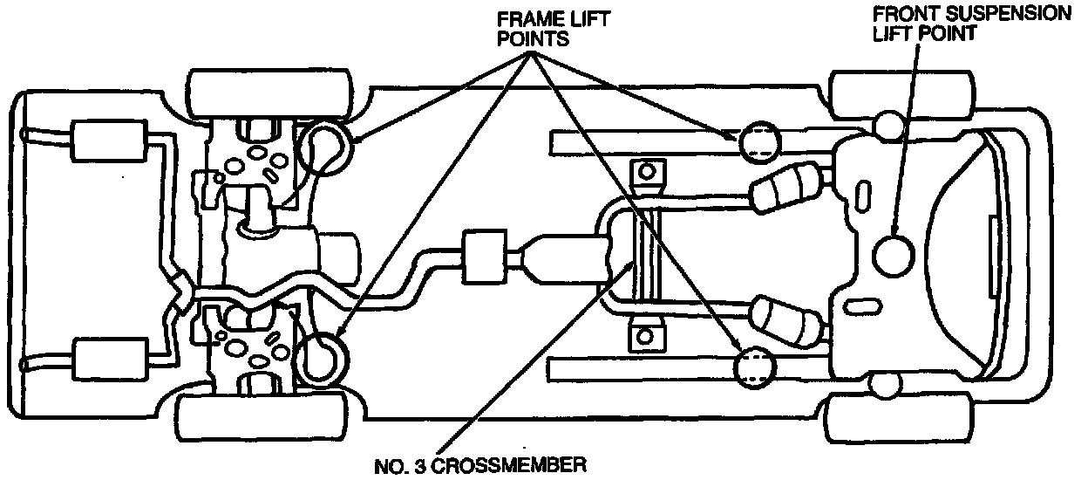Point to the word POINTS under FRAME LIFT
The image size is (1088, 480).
534,40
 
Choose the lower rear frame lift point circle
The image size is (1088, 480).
322,358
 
